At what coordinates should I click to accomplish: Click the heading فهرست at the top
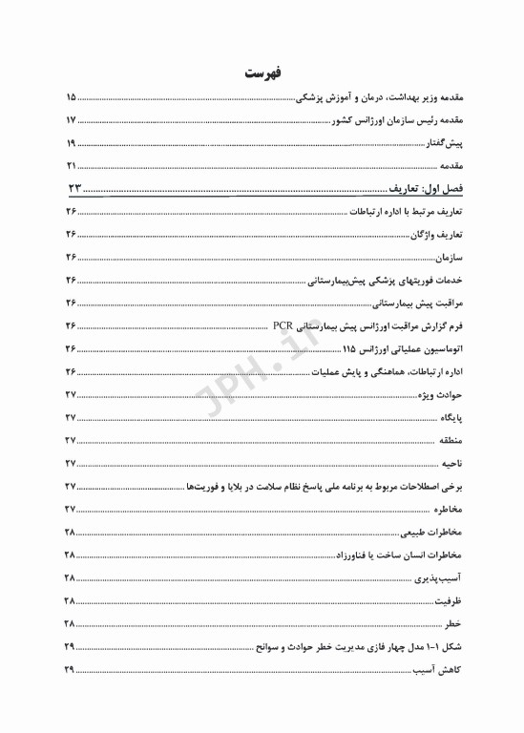[262, 73]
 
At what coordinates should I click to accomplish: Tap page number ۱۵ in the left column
[71, 97]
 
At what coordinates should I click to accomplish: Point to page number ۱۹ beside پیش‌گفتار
[71, 143]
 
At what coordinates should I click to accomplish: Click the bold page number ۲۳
[74, 186]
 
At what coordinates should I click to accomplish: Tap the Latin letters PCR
[284, 325]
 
